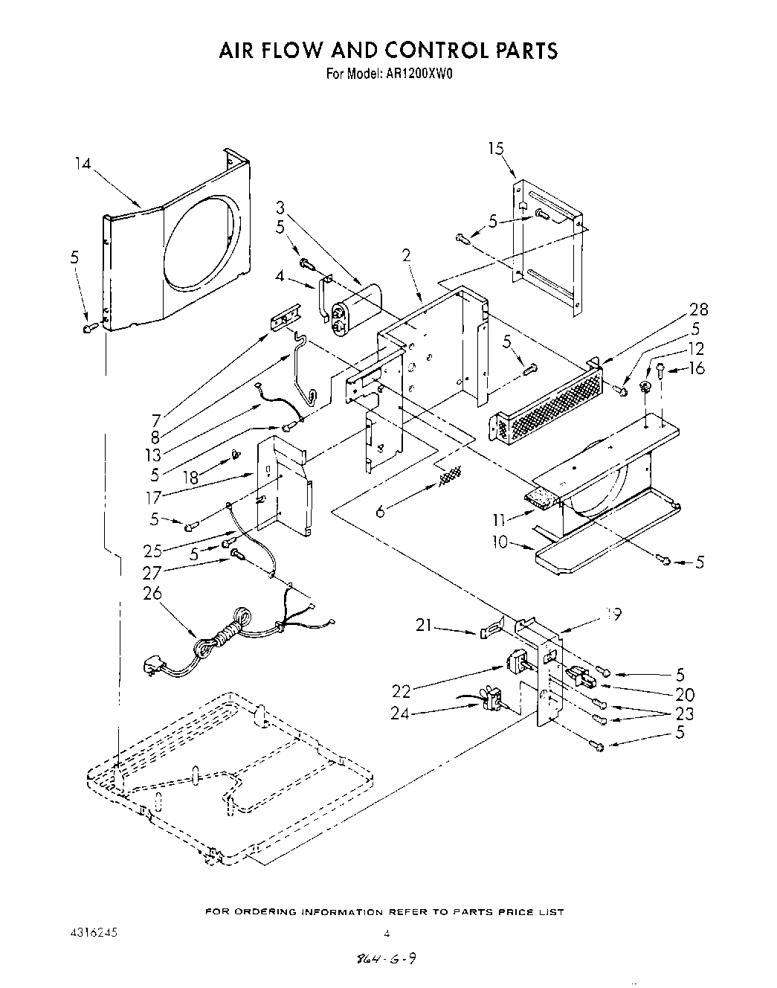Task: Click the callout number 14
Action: (x=83, y=163)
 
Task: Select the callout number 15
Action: (x=496, y=148)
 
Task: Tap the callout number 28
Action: (x=699, y=309)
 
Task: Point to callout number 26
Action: (x=152, y=593)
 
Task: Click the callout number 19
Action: (x=613, y=614)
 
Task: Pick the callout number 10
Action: (x=500, y=542)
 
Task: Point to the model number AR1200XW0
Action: (x=420, y=74)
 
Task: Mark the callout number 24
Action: (x=399, y=713)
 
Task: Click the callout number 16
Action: (x=697, y=368)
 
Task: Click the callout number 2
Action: (x=406, y=256)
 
